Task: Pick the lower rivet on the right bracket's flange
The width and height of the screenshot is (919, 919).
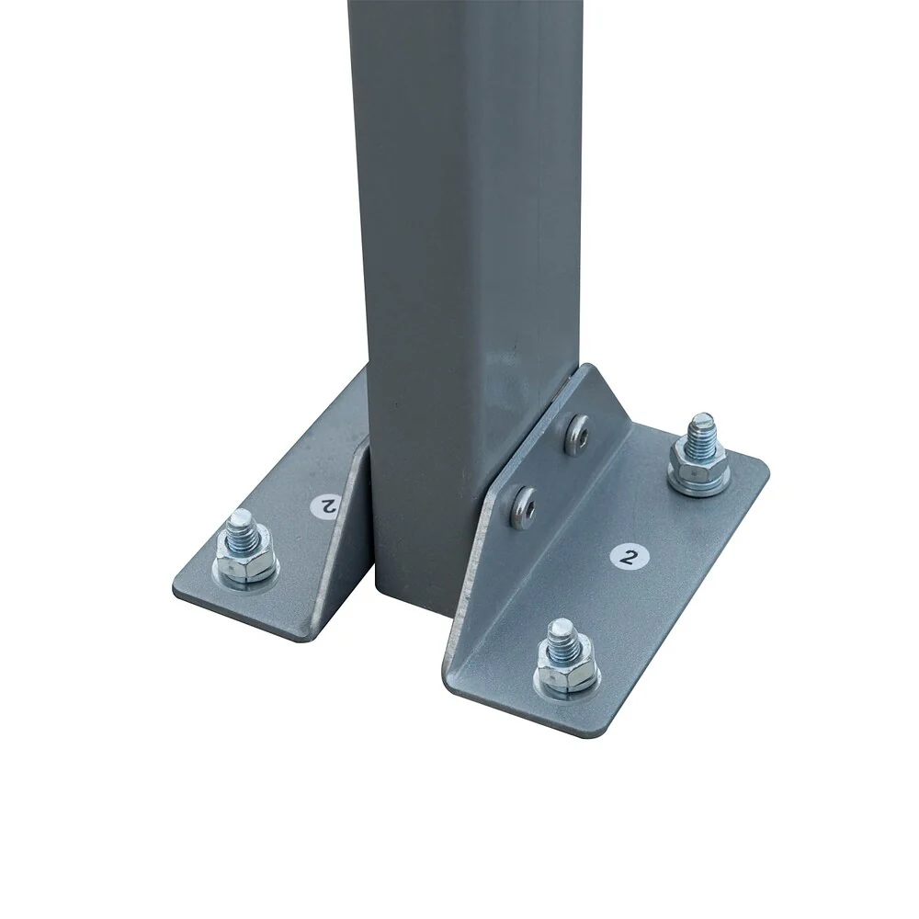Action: tap(522, 503)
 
